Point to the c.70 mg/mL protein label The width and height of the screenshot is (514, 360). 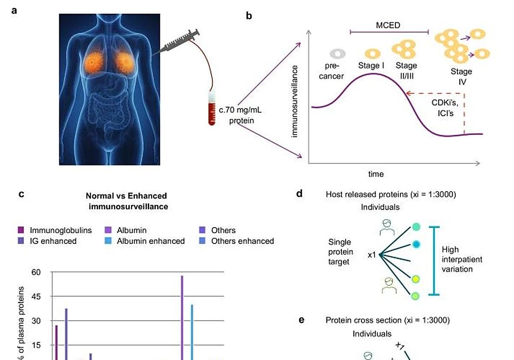[241, 115]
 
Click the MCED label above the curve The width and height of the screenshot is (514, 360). [388, 25]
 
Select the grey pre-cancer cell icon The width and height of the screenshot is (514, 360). [337, 54]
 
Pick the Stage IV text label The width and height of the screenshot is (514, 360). [461, 76]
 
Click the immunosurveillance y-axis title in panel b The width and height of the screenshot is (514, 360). [295, 101]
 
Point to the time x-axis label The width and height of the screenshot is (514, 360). [376, 174]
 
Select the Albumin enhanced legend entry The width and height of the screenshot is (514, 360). [150, 241]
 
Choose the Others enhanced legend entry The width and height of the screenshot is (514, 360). [242, 241]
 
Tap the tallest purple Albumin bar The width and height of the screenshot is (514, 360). [182, 317]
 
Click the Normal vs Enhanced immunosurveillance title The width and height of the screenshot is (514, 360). [126, 201]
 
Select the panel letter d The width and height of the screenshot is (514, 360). [299, 194]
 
